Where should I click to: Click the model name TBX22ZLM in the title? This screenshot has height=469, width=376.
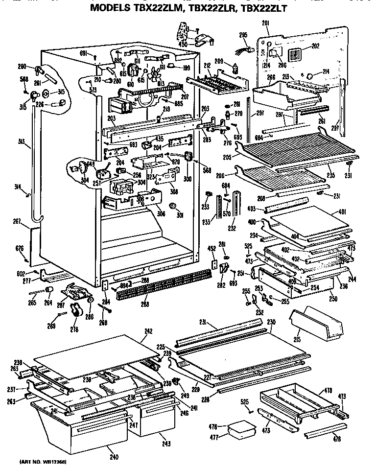click(x=155, y=8)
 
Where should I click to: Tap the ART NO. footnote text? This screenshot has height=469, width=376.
click(x=44, y=462)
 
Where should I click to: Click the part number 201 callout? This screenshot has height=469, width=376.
click(x=265, y=23)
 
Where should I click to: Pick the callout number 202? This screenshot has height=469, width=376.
click(x=315, y=47)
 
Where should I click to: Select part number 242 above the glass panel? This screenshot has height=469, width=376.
click(x=149, y=331)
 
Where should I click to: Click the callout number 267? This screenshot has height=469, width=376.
click(x=17, y=221)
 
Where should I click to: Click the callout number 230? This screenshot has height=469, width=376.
click(x=271, y=323)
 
